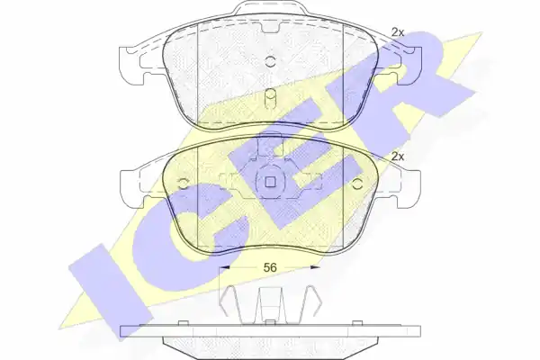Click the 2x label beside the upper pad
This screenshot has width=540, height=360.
click(x=398, y=32)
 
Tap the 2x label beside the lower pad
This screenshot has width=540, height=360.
click(x=398, y=157)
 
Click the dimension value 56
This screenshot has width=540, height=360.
click(x=270, y=267)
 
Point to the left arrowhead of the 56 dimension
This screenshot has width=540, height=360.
click(x=224, y=266)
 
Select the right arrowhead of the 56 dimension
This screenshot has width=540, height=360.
click(x=316, y=266)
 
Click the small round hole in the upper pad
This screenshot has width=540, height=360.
click(x=271, y=61)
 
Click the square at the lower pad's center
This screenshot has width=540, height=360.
click(x=270, y=182)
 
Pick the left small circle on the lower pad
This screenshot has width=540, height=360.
click(x=183, y=184)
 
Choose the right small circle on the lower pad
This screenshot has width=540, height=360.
click(x=358, y=184)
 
